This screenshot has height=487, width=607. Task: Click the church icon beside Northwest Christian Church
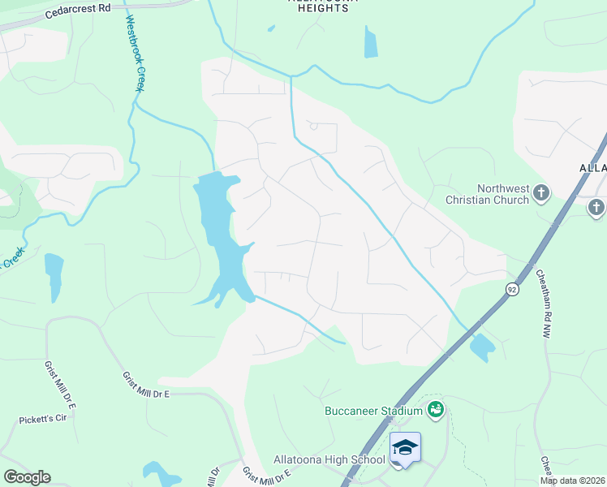541,194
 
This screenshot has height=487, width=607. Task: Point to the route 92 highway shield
512,289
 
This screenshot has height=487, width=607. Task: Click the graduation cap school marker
406,447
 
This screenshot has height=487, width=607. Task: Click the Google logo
27,477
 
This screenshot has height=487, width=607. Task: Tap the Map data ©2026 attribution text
572,481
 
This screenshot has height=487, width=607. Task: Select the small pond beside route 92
481,347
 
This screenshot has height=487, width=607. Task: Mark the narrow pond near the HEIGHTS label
371,42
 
